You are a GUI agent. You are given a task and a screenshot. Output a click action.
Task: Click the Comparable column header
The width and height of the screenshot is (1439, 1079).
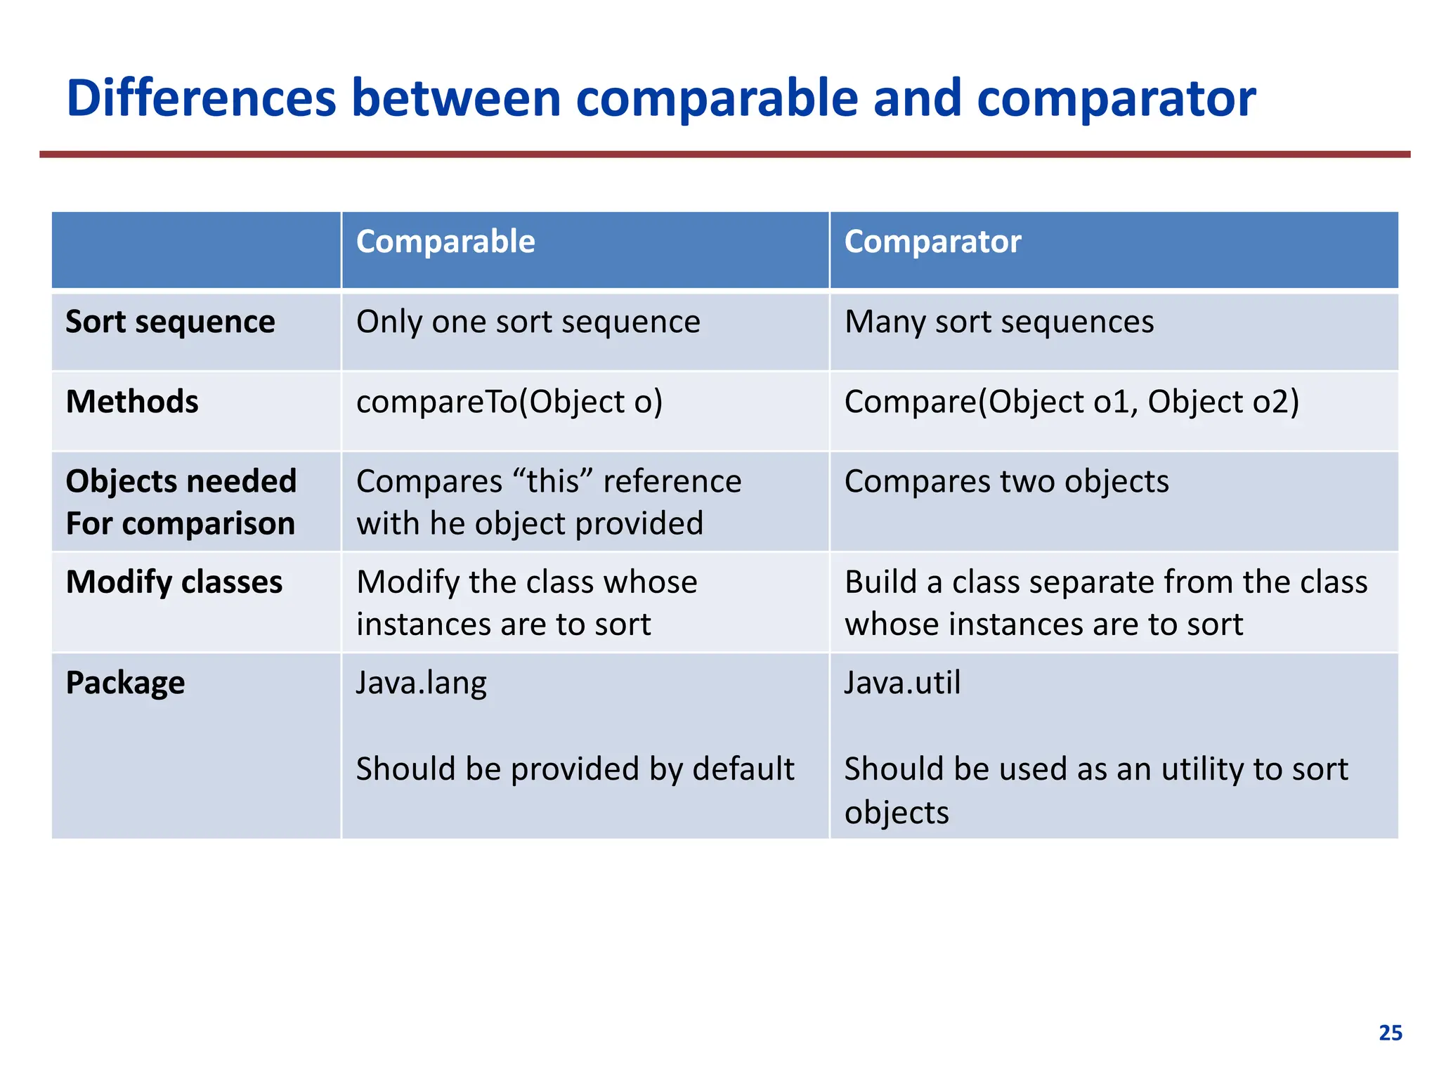point(445,242)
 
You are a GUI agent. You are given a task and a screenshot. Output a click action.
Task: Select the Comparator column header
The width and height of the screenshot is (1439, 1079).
point(932,242)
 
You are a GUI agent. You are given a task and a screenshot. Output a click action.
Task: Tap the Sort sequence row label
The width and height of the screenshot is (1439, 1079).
point(170,322)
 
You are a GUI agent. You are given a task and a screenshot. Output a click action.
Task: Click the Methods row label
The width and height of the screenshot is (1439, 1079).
point(132,402)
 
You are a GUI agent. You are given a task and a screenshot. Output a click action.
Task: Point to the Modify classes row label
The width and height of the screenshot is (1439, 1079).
point(174,582)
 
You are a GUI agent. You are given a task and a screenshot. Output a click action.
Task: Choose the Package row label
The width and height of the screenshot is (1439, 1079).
point(125,683)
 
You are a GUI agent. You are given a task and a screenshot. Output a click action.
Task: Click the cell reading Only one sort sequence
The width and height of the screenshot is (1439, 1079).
point(528,322)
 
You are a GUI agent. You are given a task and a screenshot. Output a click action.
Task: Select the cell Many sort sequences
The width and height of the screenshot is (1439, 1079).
point(998,322)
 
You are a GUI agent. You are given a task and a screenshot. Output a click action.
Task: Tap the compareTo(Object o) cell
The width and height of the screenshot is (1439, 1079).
point(509,402)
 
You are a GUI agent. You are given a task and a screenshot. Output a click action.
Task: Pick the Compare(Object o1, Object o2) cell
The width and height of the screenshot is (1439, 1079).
point(1072,402)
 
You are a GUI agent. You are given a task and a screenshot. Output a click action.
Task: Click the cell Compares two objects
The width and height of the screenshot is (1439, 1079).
point(1006,482)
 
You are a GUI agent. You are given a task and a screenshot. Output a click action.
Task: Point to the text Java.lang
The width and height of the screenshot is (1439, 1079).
point(421,683)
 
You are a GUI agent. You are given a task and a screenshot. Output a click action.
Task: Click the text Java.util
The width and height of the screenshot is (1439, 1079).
point(902,683)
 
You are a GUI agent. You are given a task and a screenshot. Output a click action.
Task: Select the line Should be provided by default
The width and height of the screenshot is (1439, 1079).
point(575,769)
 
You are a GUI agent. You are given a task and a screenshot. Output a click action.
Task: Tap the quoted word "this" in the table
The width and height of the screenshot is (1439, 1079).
point(553,482)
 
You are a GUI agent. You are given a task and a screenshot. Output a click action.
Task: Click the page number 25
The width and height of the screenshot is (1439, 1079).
point(1390,1033)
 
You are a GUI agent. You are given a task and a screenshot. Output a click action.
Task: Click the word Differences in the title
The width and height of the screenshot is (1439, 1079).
point(201,98)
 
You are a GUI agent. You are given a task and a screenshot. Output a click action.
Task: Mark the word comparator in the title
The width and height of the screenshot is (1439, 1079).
point(1116,98)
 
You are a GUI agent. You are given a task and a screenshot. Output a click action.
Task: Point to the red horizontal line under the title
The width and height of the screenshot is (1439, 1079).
point(724,154)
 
